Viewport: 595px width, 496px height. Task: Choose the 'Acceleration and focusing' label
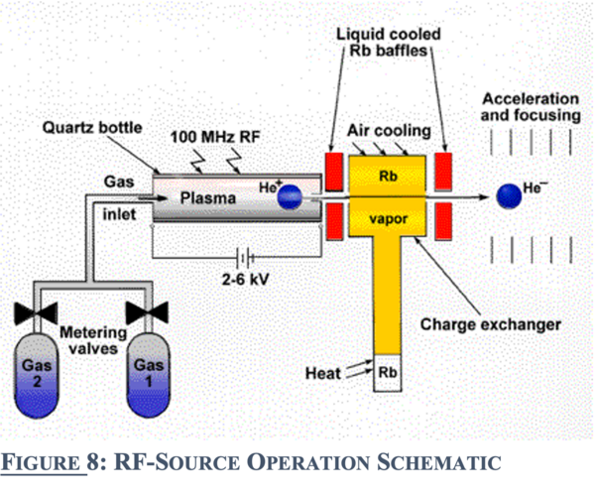tap(529, 107)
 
